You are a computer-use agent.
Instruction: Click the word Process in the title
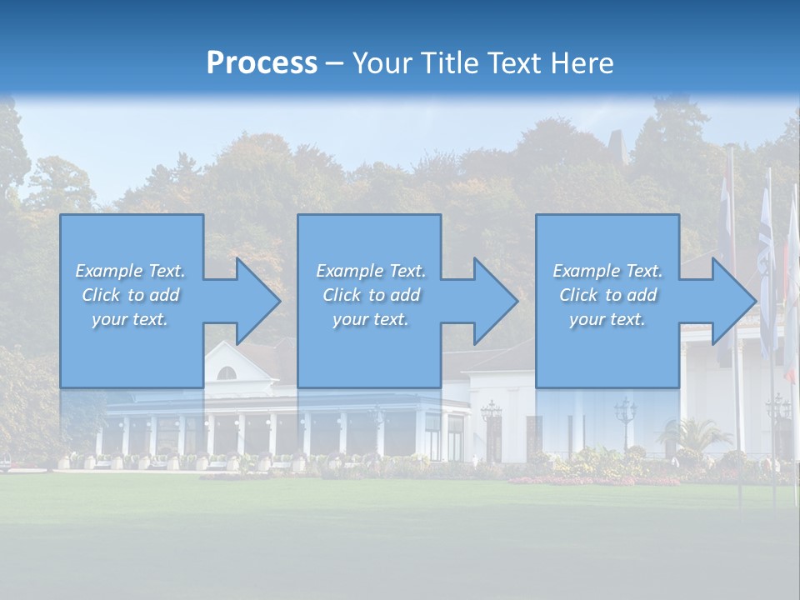point(262,62)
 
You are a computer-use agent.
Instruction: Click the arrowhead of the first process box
point(257,301)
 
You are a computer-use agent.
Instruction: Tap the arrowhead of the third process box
point(733,301)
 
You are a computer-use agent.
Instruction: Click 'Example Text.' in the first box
point(130,271)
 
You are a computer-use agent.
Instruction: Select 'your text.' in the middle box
point(371,319)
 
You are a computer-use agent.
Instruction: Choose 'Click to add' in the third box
point(607,295)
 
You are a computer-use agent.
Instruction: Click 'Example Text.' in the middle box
point(371,271)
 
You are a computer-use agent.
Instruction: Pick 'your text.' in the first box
point(130,319)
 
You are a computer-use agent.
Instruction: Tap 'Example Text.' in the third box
point(607,271)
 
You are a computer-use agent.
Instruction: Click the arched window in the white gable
point(227,372)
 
